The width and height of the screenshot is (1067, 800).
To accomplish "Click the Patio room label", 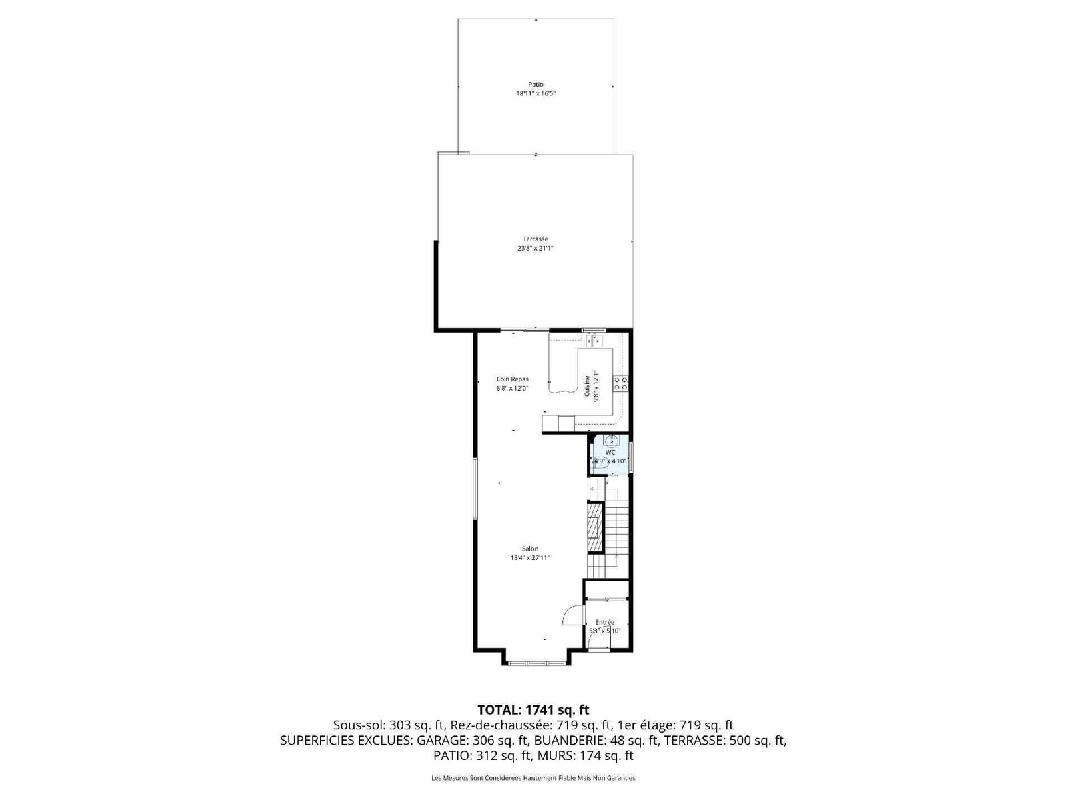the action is [x=536, y=85].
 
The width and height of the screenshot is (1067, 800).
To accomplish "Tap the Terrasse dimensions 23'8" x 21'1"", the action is [x=536, y=248].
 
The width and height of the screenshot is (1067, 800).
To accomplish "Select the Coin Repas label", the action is [x=512, y=379].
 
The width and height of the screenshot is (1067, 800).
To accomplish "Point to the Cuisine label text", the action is [x=588, y=386].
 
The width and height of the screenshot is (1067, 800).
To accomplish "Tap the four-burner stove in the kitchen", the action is [x=620, y=384].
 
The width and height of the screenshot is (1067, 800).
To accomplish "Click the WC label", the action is [x=610, y=452].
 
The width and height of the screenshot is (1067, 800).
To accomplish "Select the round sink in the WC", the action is [x=611, y=441].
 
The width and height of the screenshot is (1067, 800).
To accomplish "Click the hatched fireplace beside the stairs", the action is [x=595, y=527].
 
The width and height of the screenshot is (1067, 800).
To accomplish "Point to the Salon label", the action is [x=530, y=549].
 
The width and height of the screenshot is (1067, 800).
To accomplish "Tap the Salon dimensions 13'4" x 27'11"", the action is [x=530, y=558].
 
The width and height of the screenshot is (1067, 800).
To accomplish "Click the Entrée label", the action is [x=605, y=622].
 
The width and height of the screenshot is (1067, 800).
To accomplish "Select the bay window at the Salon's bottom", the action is [x=537, y=663].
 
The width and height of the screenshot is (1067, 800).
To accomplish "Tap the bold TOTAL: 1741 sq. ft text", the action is [x=533, y=710].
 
